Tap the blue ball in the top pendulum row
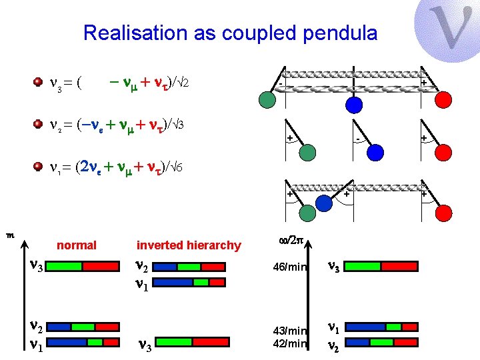coord(354,105)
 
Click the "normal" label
coord(77,245)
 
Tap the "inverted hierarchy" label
coord(189,245)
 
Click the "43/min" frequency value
coord(289,331)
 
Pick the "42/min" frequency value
coord(289,344)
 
